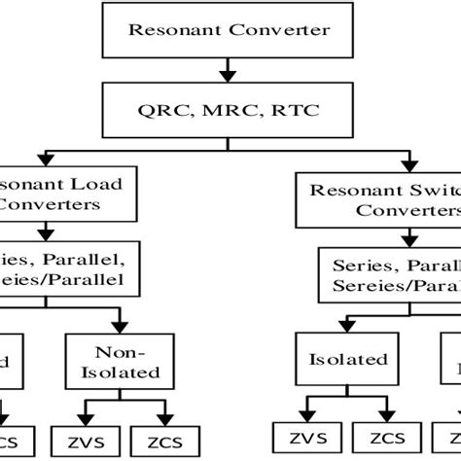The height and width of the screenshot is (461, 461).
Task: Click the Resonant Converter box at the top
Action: [229, 29]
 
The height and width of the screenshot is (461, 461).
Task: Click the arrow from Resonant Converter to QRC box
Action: [230, 70]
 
